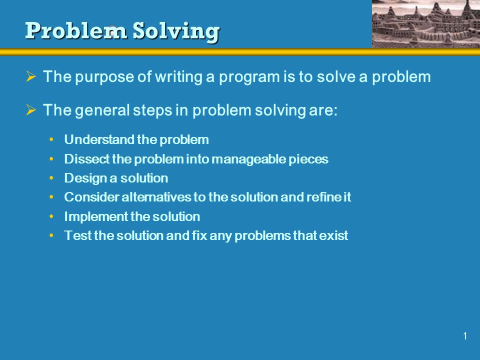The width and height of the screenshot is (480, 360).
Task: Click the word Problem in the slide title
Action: tap(76, 30)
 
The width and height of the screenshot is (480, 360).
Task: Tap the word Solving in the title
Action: tap(176, 32)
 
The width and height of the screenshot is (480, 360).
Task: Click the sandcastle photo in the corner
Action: tap(426, 24)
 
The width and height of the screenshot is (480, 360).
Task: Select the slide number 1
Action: tap(465, 336)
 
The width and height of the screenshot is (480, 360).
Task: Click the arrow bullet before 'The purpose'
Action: tap(31, 76)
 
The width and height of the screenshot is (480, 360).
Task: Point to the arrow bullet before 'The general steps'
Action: tap(31, 109)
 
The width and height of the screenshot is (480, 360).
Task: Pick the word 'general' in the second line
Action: tap(102, 111)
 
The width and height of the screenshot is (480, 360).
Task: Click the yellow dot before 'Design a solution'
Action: tap(51, 178)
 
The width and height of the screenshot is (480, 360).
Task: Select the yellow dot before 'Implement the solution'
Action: tap(51, 216)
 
